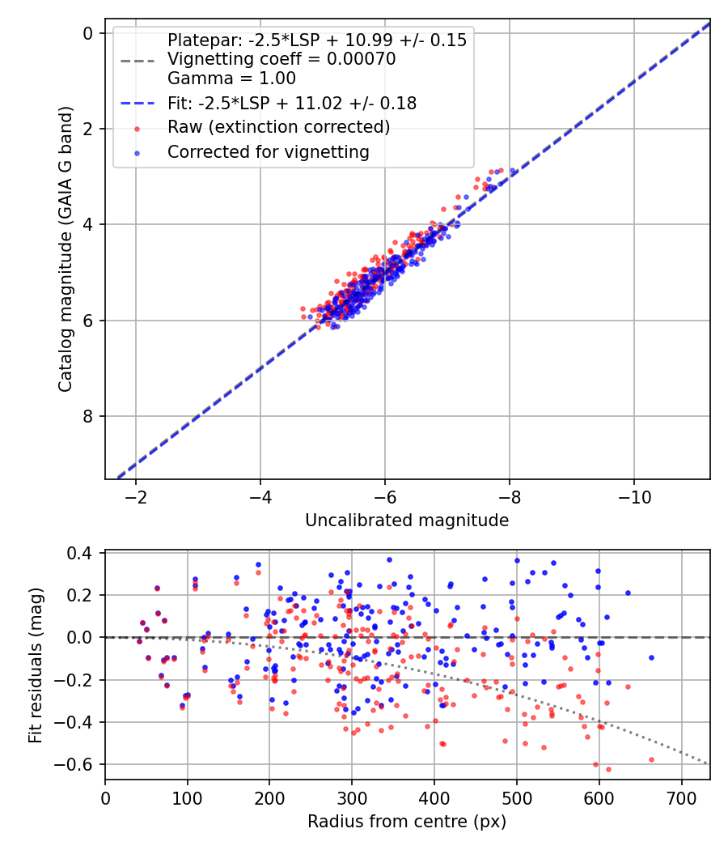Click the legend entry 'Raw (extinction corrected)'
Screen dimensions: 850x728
click(278, 128)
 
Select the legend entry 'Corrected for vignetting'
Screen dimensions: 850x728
click(268, 151)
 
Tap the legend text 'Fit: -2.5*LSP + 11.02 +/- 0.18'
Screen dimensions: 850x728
click(292, 104)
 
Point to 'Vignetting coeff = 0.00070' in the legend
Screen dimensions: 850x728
click(281, 59)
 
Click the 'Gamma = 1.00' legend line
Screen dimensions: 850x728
click(231, 79)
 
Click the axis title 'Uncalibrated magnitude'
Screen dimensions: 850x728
click(407, 521)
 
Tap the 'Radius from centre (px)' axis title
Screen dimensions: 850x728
click(407, 821)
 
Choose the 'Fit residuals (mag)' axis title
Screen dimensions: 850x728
click(35, 666)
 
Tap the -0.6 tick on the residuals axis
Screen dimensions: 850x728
click(81, 764)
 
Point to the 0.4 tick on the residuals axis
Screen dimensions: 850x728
click(85, 554)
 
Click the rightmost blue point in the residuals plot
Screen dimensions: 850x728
click(651, 657)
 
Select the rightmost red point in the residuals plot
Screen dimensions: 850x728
click(651, 759)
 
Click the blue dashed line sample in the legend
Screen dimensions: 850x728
click(137, 104)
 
